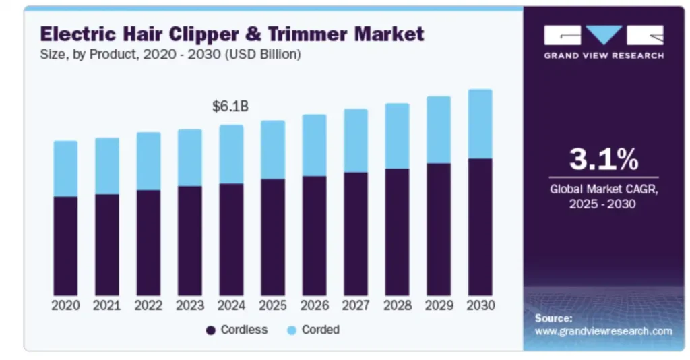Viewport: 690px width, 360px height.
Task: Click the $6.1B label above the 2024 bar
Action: click(x=230, y=107)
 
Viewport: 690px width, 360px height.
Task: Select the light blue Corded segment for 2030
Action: click(x=480, y=124)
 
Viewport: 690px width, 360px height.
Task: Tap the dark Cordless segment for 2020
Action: click(x=65, y=245)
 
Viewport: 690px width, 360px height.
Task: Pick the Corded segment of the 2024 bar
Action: click(x=231, y=154)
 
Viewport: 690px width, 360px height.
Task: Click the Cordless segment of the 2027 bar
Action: click(x=356, y=233)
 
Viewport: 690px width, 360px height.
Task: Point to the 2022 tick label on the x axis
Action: click(x=148, y=305)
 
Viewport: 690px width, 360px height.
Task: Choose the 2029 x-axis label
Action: click(x=439, y=305)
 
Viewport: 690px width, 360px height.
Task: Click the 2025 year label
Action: click(x=272, y=305)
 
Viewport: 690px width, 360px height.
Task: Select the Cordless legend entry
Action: click(x=237, y=330)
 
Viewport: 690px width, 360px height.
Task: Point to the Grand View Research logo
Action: click(x=603, y=42)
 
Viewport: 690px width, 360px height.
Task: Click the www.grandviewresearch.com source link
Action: click(x=603, y=331)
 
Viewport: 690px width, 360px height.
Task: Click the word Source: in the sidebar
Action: click(x=553, y=318)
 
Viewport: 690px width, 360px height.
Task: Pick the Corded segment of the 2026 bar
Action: click(x=314, y=145)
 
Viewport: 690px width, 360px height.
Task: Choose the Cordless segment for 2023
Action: click(x=189, y=241)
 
